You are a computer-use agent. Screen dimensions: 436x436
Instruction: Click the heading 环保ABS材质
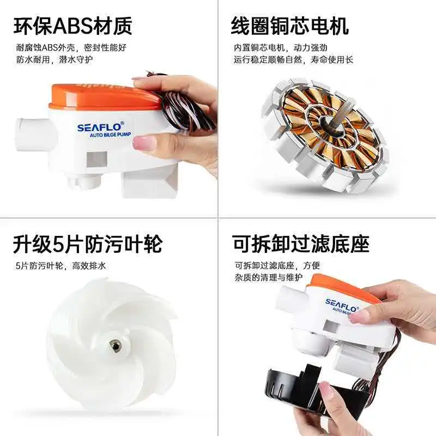73,26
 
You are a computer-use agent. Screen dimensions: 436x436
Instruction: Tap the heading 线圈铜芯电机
289,26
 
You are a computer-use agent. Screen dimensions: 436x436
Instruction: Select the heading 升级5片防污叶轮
88,244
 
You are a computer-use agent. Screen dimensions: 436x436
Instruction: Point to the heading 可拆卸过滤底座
301,244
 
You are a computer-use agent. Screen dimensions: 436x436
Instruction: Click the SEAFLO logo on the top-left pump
100,127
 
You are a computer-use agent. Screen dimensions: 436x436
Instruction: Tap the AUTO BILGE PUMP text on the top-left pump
110,135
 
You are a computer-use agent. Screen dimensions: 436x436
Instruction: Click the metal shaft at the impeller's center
115,346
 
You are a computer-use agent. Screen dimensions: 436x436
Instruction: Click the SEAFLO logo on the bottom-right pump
341,305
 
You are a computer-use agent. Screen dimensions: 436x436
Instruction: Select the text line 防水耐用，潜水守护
55,59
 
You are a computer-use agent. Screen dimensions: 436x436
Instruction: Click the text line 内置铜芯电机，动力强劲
280,47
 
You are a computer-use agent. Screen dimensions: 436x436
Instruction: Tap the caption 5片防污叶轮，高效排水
61,266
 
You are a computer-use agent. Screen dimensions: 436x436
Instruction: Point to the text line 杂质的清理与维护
268,277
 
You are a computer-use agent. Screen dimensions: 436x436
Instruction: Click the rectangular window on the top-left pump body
97,159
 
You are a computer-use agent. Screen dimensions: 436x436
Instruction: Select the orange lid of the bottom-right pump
342,289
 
